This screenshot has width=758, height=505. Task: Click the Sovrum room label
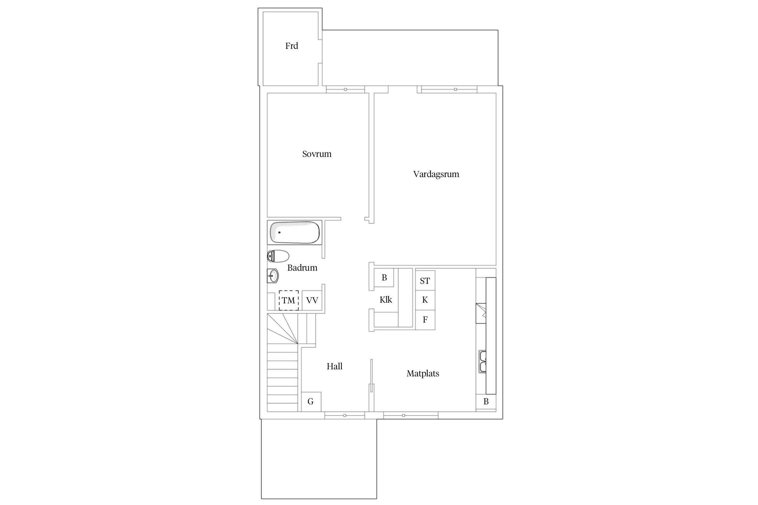click(x=317, y=154)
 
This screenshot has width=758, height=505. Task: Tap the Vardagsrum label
click(x=436, y=174)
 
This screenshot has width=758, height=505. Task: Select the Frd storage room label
click(x=291, y=46)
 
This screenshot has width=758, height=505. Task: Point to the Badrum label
click(x=302, y=268)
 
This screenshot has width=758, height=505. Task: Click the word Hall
click(x=334, y=366)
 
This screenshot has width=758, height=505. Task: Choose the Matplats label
click(x=423, y=374)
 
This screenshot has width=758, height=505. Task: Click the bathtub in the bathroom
click(x=294, y=232)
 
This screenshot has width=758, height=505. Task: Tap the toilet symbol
click(x=278, y=256)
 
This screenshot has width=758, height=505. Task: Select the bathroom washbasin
click(x=273, y=276)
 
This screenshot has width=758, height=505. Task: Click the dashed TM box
click(x=289, y=300)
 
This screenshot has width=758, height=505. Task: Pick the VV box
click(x=312, y=300)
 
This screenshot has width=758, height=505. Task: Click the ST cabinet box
click(x=425, y=280)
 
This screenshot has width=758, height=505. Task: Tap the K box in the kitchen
click(x=425, y=300)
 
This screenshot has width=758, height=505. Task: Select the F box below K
click(x=425, y=319)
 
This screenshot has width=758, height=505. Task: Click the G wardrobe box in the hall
click(x=311, y=402)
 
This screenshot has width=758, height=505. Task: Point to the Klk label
click(x=386, y=300)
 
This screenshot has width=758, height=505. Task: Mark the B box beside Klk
click(x=384, y=278)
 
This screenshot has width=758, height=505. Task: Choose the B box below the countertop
click(x=486, y=402)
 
